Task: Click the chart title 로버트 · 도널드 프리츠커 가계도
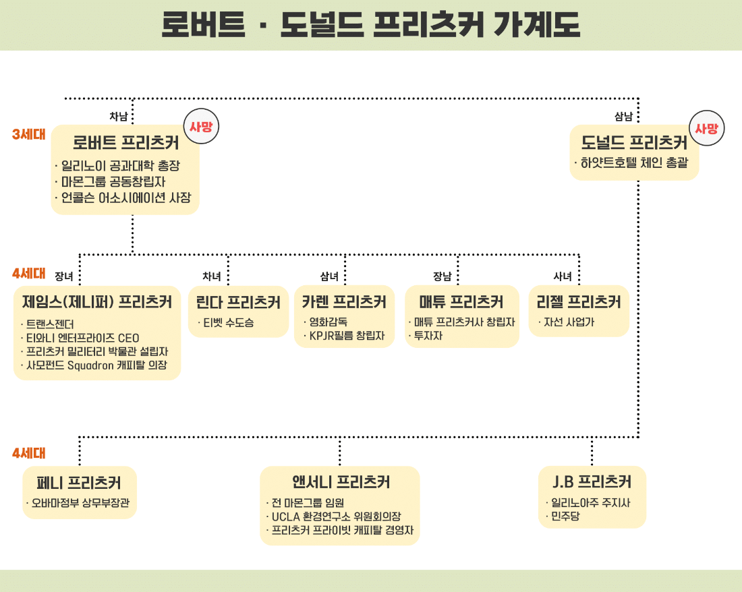(371, 24)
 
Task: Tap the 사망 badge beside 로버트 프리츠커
(201, 126)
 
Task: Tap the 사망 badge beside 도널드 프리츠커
(706, 128)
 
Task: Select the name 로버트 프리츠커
(125, 142)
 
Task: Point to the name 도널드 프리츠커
(634, 142)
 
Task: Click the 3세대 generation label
(29, 134)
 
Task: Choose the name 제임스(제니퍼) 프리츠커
(97, 301)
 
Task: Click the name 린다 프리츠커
(238, 302)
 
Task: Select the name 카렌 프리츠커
(344, 301)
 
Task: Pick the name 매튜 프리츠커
(461, 301)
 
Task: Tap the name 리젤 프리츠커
(578, 301)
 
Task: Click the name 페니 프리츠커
(79, 482)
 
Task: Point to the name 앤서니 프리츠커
(341, 482)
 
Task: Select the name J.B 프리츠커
(592, 482)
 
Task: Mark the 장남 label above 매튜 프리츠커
(443, 276)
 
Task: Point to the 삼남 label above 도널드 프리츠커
(623, 117)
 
